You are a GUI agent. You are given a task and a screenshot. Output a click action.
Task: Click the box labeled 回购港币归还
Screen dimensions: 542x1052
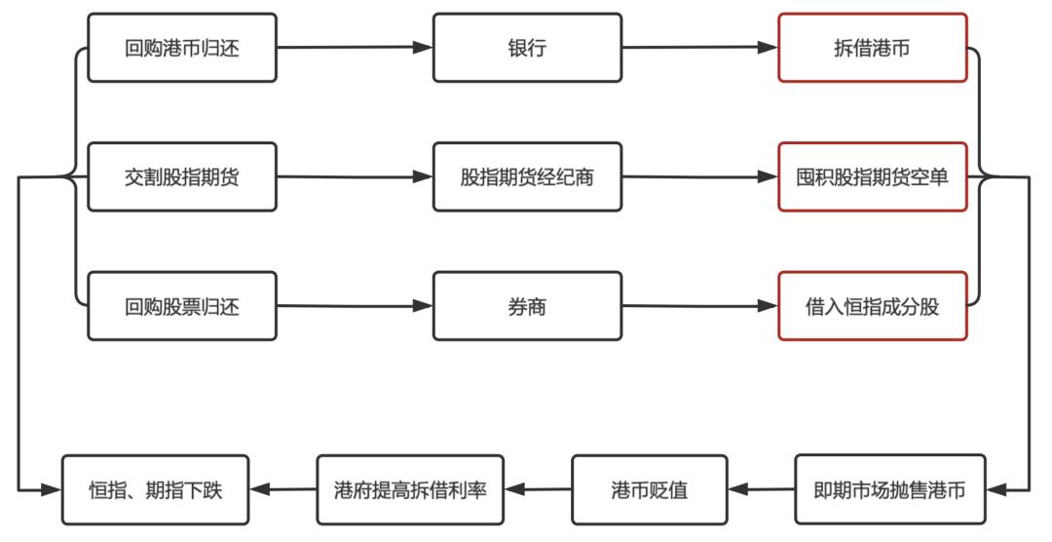[182, 48]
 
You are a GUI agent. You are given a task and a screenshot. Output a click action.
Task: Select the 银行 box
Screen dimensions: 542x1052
[527, 48]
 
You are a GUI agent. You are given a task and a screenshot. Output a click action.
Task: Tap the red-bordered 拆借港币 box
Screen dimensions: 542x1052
[873, 48]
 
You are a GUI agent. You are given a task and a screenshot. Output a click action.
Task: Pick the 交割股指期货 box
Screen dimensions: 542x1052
[182, 177]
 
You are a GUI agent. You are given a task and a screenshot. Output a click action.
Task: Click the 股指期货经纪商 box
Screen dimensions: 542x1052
[527, 177]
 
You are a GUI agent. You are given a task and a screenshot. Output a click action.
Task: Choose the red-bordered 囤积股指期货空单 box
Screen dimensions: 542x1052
[873, 177]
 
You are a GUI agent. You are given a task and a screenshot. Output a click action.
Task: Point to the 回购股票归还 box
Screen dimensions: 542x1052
[182, 306]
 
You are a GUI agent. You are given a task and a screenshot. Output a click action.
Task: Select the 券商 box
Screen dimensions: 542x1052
[527, 306]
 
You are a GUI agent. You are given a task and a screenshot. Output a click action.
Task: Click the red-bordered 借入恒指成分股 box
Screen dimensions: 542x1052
[873, 306]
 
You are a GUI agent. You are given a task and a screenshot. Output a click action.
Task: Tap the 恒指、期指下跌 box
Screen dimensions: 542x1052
[156, 489]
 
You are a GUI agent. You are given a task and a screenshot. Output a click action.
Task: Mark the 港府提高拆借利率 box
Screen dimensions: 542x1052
[410, 489]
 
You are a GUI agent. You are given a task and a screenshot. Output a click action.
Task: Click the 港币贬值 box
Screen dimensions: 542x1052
[649, 489]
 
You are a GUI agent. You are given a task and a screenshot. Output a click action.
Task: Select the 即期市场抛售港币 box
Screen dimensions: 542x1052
[889, 489]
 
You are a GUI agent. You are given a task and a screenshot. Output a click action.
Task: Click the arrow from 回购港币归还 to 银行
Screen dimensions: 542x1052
[355, 47]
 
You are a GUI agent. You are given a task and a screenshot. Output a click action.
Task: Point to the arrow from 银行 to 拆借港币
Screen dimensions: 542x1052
[699, 47]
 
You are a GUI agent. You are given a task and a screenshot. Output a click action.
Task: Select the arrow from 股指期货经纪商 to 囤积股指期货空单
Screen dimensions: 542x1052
[699, 177]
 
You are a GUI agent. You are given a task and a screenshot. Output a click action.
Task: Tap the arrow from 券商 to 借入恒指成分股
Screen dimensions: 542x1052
[699, 306]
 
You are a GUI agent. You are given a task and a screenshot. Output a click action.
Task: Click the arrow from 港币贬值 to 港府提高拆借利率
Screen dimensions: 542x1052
[538, 489]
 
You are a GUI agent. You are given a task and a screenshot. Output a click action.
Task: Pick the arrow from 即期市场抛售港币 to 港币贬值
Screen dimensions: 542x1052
[761, 489]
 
